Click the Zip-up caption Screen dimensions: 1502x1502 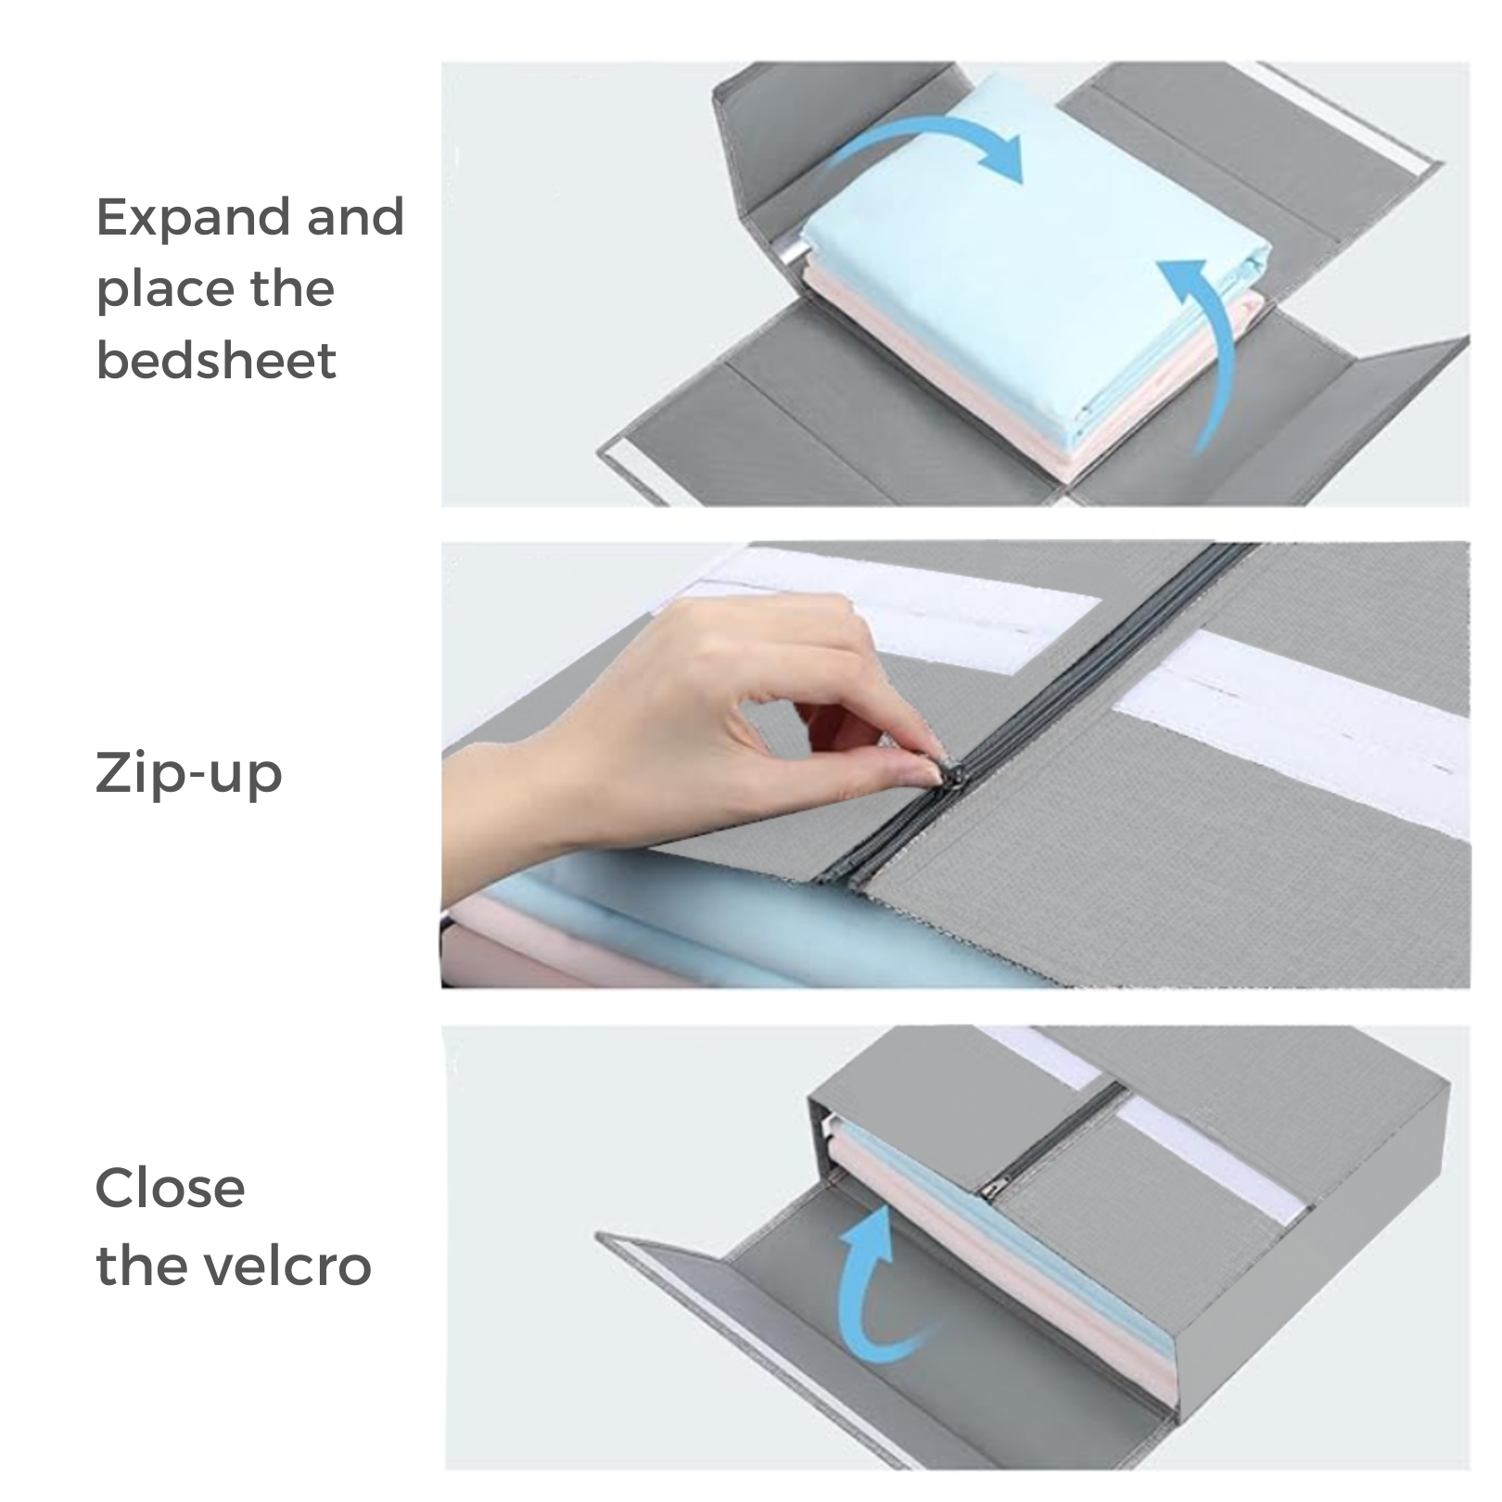tap(188, 775)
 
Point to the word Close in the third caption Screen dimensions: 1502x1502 tap(170, 1188)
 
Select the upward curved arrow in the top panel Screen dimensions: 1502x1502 tap(1205, 348)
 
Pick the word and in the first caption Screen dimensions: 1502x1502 tap(357, 218)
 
